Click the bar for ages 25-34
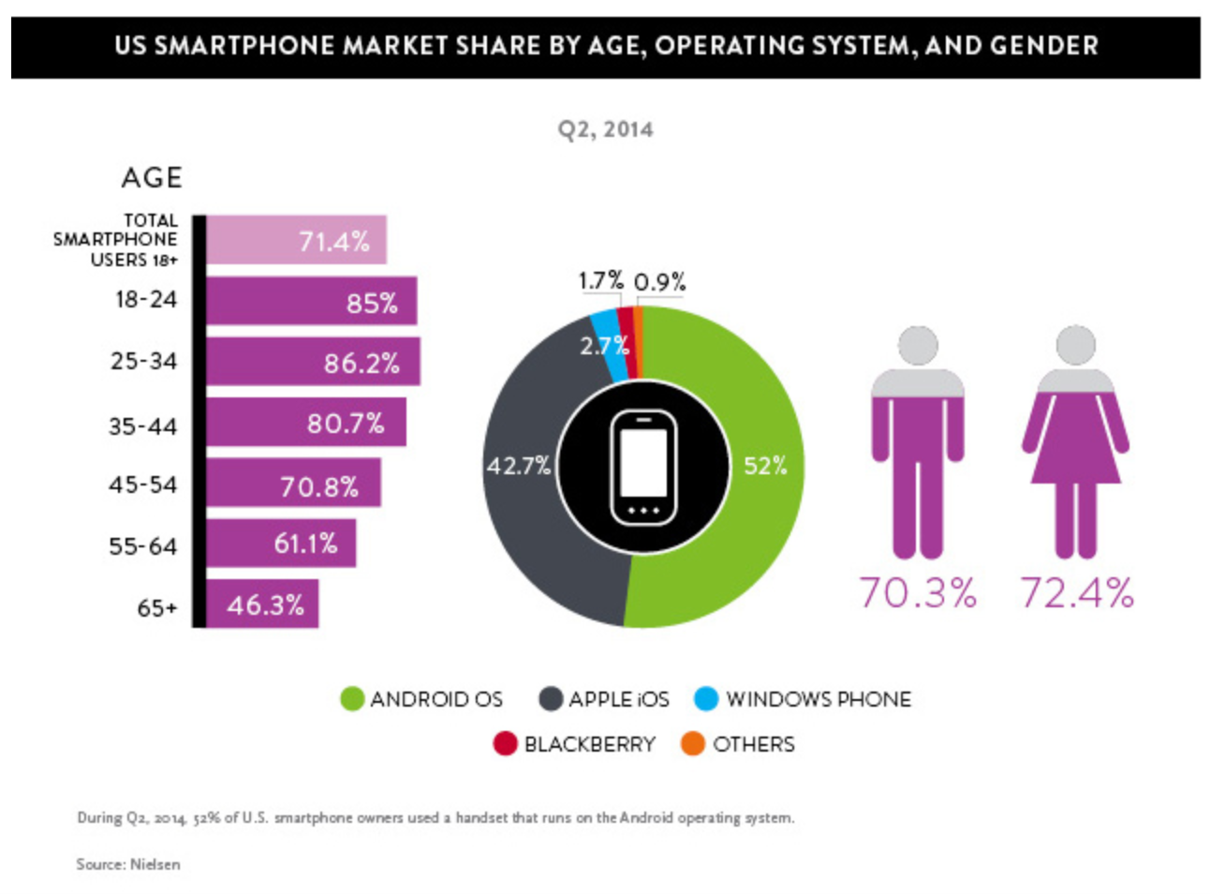[x=312, y=362]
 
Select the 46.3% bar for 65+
[x=261, y=604]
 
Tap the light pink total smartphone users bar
[x=295, y=240]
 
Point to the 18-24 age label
[x=145, y=300]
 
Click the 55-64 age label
[x=142, y=546]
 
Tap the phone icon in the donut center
[x=643, y=467]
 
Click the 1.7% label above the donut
[x=600, y=280]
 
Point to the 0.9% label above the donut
[x=659, y=281]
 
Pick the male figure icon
[x=917, y=440]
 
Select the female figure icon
[x=1075, y=440]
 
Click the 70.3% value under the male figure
[x=917, y=592]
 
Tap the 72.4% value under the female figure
[x=1077, y=592]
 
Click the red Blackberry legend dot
[x=505, y=744]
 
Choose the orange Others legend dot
[x=693, y=744]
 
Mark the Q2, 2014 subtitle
[x=605, y=129]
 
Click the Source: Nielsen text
[x=128, y=864]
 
